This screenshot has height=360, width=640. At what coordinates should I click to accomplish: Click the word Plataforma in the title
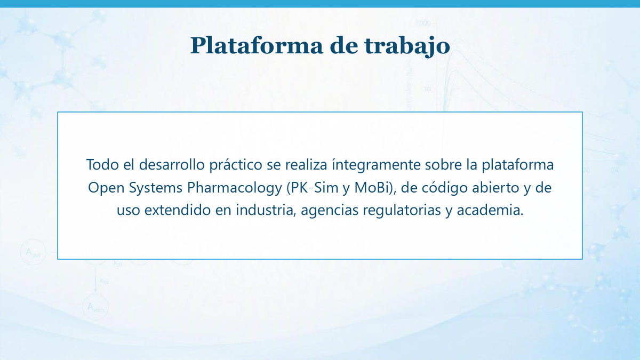pyautogui.click(x=257, y=45)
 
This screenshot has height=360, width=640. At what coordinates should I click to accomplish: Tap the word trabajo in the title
pyautogui.click(x=407, y=46)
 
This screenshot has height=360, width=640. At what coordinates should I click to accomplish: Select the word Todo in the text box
pyautogui.click(x=102, y=165)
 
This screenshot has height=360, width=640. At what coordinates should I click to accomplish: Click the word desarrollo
pyautogui.click(x=172, y=165)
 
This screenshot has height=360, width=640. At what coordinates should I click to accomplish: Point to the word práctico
pyautogui.click(x=236, y=165)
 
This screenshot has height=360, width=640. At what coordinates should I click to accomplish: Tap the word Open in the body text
pyautogui.click(x=106, y=188)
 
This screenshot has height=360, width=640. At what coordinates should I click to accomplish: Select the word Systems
pyautogui.click(x=156, y=188)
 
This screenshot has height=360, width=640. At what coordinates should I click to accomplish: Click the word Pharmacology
pyautogui.click(x=235, y=188)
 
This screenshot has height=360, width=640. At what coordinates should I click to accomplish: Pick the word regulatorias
pyautogui.click(x=402, y=211)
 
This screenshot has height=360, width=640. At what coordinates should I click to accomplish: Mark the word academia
pyautogui.click(x=490, y=210)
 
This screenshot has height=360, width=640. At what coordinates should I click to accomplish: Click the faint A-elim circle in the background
pyautogui.click(x=95, y=307)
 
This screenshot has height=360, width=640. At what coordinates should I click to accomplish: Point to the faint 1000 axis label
pyautogui.click(x=423, y=23)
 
